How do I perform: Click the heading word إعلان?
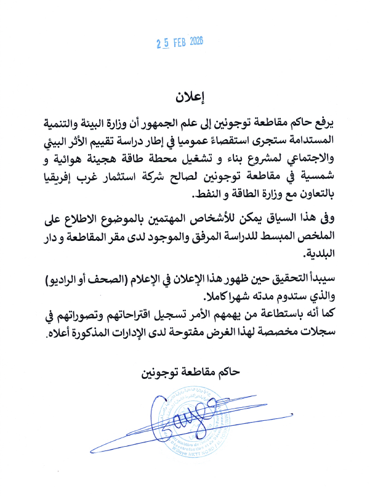pyautogui.click(x=187, y=97)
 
